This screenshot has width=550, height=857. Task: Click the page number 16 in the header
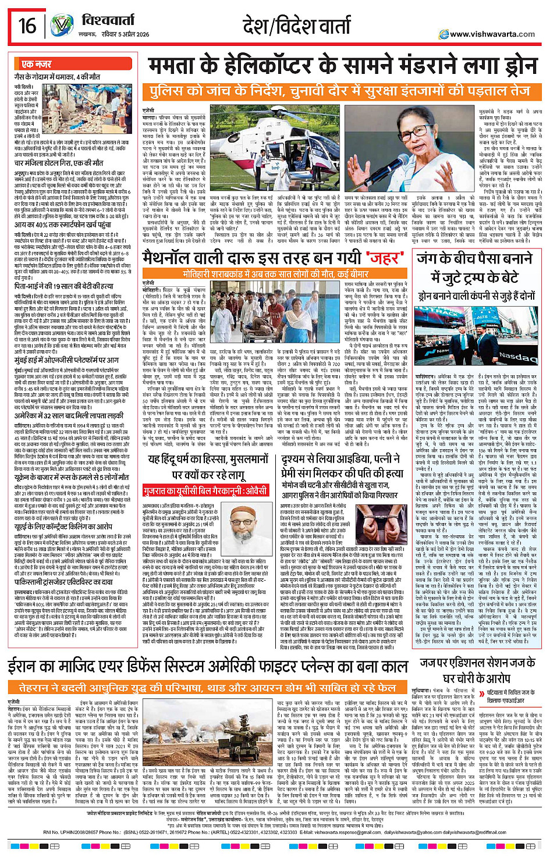point(27,26)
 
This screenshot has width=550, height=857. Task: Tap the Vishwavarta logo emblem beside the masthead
point(62,26)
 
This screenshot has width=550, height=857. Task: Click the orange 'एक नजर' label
point(36,64)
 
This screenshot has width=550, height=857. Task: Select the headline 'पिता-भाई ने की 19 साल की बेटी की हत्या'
point(64,287)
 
